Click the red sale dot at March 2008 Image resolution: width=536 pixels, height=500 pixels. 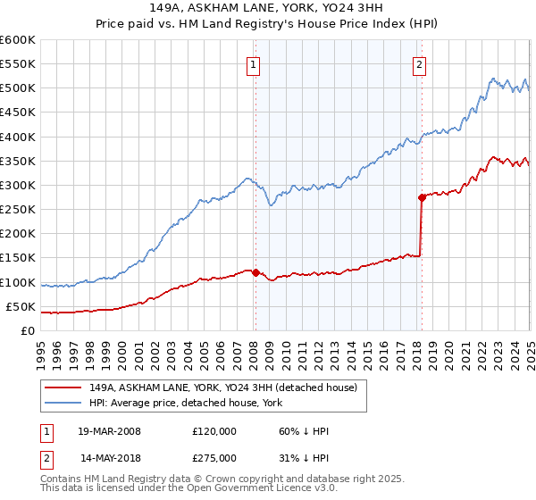[x=255, y=272]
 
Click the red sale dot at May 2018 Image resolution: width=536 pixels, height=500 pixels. [x=421, y=197]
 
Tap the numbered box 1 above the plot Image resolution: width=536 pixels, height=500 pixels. [x=255, y=64]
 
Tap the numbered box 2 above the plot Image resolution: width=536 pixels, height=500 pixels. [x=420, y=64]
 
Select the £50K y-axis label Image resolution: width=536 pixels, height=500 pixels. [x=21, y=306]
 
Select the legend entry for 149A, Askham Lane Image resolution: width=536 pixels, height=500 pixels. [x=222, y=387]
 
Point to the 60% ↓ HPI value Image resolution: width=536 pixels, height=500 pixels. [x=304, y=431]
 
